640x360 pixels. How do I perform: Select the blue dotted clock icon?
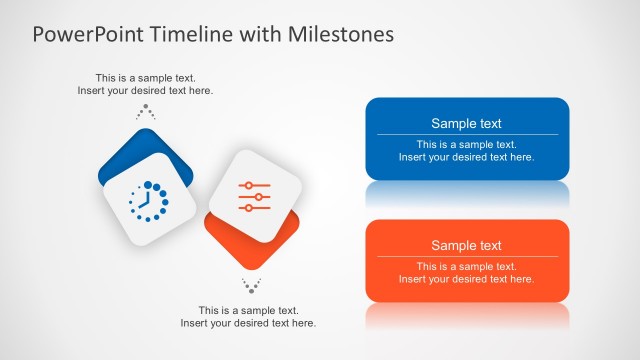[x=146, y=201]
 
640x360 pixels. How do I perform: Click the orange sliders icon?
[x=255, y=196]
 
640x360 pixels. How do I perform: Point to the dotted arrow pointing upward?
[x=146, y=111]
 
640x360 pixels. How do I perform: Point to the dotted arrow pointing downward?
[x=251, y=286]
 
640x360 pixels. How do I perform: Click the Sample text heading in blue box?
[x=466, y=124]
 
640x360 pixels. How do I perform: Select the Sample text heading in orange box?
[x=466, y=246]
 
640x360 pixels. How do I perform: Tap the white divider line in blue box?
[x=466, y=134]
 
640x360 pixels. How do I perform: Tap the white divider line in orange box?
[x=466, y=256]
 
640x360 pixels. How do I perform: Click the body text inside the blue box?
[x=466, y=150]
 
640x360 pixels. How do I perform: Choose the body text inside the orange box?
[x=466, y=272]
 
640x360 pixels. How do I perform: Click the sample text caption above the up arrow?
[x=145, y=84]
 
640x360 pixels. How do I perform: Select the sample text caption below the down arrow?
[x=248, y=316]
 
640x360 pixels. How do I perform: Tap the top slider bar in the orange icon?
[x=255, y=186]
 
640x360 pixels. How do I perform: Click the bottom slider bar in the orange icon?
[x=255, y=207]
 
